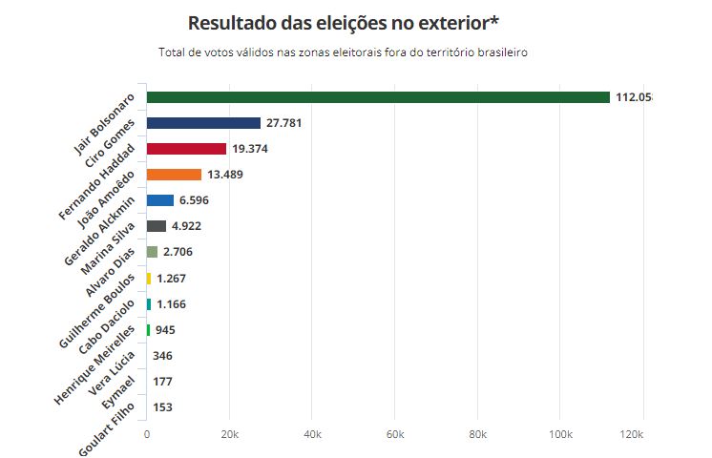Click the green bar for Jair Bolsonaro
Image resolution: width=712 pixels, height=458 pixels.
click(378, 97)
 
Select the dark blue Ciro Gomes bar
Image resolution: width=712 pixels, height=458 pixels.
click(203, 123)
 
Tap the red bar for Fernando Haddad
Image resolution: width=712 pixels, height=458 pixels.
click(186, 149)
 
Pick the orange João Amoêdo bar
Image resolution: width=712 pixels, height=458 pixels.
click(174, 175)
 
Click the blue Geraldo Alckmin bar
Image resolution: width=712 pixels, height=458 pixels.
click(160, 200)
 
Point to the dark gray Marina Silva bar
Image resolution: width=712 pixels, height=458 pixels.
click(157, 226)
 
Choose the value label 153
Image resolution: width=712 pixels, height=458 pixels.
click(162, 407)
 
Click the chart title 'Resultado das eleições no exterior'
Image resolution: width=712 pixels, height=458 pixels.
click(343, 23)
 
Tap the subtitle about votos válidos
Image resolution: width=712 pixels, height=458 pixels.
click(343, 52)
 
